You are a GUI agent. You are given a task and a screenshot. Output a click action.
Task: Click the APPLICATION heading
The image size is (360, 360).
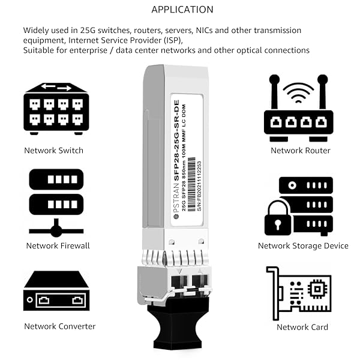(182, 10)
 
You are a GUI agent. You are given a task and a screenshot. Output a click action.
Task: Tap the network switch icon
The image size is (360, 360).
(56, 109)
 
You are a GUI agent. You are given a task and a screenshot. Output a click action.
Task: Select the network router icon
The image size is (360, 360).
(298, 108)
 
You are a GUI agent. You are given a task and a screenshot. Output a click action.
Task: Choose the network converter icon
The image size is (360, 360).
(56, 291)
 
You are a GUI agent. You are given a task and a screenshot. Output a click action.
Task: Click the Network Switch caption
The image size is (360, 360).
(53, 151)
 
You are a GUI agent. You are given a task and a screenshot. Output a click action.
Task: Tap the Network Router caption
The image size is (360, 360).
(301, 151)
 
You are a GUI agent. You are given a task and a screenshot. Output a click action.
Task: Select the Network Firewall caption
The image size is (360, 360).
(58, 245)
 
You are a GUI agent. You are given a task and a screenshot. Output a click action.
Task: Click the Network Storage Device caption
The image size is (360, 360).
(303, 245)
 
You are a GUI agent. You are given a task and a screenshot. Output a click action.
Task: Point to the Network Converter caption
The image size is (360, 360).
(59, 326)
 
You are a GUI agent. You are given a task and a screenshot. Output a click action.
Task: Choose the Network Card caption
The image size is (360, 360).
(302, 327)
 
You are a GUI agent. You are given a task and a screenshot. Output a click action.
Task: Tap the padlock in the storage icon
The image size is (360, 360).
(277, 217)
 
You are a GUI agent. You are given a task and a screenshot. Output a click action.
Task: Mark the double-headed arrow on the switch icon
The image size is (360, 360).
(56, 88)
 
